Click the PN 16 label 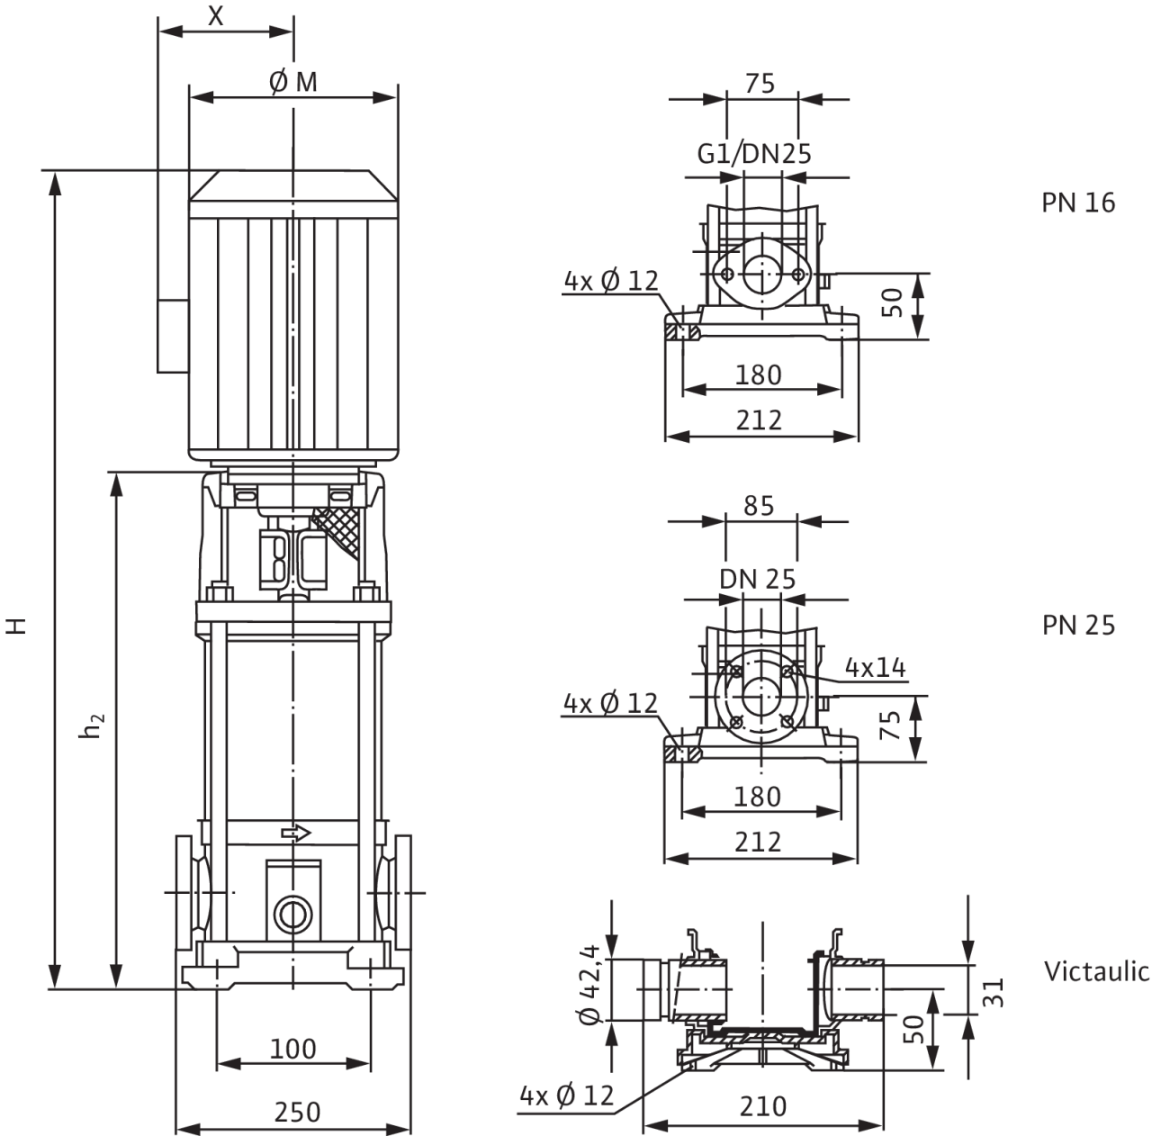[x=1078, y=203]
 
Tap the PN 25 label [x=1078, y=625]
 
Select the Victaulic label [x=1096, y=971]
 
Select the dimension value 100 [x=293, y=1049]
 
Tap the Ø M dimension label [x=293, y=83]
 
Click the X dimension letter [x=215, y=14]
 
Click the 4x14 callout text [x=875, y=667]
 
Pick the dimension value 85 [x=759, y=506]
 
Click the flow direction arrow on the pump [x=296, y=833]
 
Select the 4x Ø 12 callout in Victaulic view [x=566, y=1095]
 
